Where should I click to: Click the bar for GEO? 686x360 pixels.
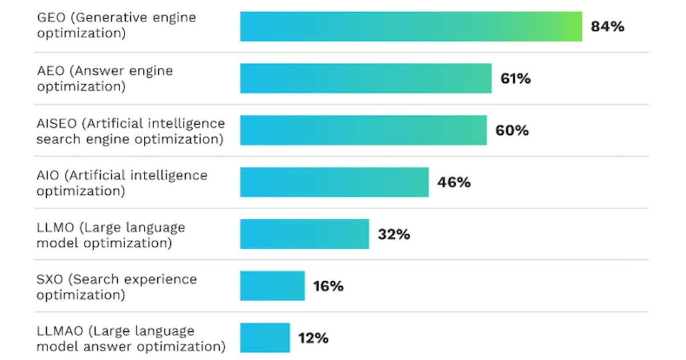pyautogui.click(x=410, y=26)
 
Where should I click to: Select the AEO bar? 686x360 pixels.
pyautogui.click(x=365, y=78)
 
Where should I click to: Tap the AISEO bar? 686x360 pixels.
pyautogui.click(x=363, y=130)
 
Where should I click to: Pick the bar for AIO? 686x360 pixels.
pyautogui.click(x=334, y=182)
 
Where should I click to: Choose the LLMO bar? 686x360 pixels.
pyautogui.click(x=304, y=234)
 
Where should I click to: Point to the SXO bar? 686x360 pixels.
pyautogui.click(x=272, y=286)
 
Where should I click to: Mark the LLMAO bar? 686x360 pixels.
pyautogui.click(x=265, y=338)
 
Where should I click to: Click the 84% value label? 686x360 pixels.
pyautogui.click(x=607, y=26)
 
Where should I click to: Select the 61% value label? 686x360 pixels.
pyautogui.click(x=516, y=78)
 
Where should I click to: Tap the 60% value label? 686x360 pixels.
pyautogui.click(x=512, y=130)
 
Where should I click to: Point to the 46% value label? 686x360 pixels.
pyautogui.click(x=454, y=182)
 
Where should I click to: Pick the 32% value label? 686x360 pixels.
pyautogui.click(x=394, y=234)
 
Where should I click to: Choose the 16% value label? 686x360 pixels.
pyautogui.click(x=328, y=286)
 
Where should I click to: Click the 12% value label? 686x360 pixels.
pyautogui.click(x=313, y=338)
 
